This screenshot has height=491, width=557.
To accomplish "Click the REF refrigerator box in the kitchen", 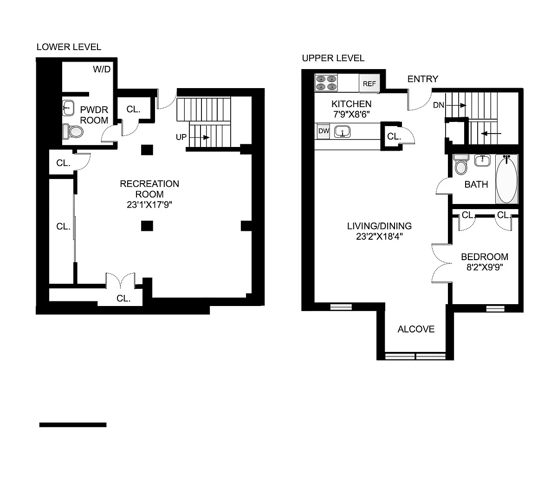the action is (369, 83).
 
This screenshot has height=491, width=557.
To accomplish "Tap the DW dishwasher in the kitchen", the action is (324, 131).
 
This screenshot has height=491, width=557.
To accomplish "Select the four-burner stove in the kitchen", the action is (326, 83).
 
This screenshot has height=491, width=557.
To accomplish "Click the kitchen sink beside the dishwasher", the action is (342, 132).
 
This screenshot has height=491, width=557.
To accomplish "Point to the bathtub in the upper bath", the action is (507, 179).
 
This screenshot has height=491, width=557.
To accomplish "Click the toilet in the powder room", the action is (73, 132).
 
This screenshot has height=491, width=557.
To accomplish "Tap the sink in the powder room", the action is (68, 108).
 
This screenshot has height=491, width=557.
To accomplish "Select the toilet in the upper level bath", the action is (461, 165).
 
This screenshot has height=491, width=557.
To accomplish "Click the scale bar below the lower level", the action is (73, 425).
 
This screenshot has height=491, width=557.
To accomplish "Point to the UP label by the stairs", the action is (181, 137).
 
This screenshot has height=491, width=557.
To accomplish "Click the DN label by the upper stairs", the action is (439, 105).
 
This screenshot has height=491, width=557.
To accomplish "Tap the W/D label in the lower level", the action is (102, 69).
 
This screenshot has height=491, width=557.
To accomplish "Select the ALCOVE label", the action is (416, 329).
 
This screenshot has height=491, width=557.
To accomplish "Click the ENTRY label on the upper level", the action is (422, 79).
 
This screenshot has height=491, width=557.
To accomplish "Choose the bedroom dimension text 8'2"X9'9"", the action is (485, 267).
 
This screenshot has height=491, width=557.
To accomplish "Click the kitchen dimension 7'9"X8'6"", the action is (351, 114).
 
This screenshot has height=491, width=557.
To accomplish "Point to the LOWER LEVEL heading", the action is (69, 47).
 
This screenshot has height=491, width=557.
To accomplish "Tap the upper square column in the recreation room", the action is (147, 150).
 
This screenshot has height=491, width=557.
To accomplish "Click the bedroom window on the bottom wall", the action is (495, 309).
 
